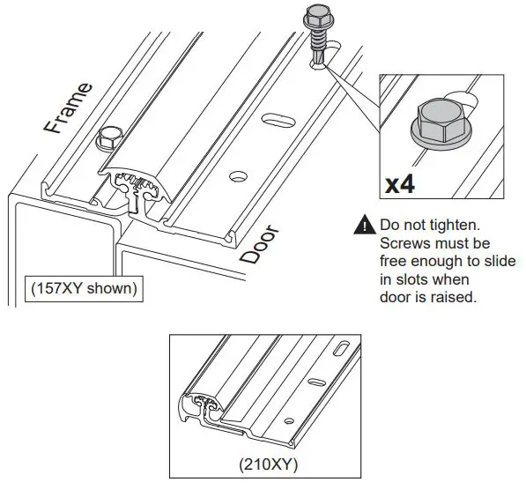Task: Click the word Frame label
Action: [x=68, y=107]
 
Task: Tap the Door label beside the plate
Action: [x=259, y=244]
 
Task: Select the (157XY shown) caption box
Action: [x=85, y=288]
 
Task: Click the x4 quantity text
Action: [x=402, y=184]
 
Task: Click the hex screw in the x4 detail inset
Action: [x=439, y=123]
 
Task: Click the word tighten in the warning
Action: [x=450, y=226]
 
